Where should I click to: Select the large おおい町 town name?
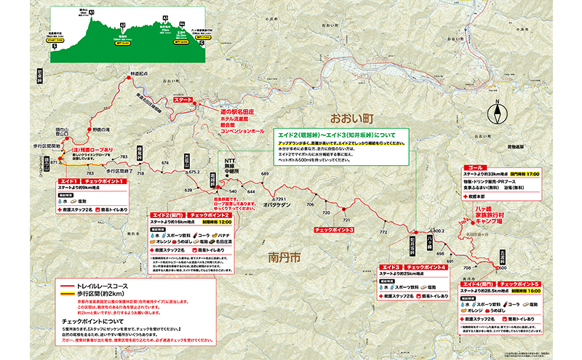pos(351,117)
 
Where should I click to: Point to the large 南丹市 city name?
pos(282,257)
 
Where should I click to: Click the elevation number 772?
pos(383,231)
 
